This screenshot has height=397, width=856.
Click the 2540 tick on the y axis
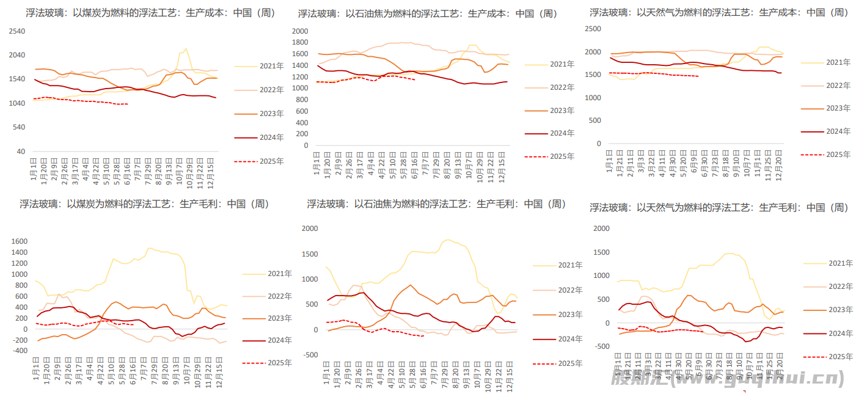click(18, 31)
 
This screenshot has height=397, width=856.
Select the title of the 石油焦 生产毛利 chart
click(436, 204)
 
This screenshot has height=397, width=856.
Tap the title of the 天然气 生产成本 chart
click(719, 12)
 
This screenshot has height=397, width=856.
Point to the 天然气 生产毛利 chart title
click(719, 208)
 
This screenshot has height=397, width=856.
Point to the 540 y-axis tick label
click(19, 127)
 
